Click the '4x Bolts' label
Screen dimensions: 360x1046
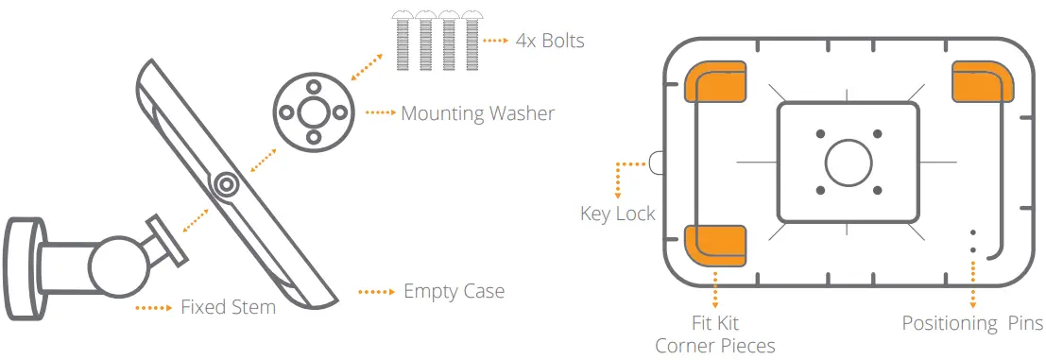(x=550, y=42)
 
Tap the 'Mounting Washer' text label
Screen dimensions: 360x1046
(x=477, y=113)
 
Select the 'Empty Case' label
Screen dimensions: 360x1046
(x=454, y=291)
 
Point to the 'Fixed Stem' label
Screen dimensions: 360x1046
(x=228, y=307)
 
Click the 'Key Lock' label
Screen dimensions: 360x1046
(x=617, y=214)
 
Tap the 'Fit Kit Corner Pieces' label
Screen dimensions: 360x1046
(x=715, y=334)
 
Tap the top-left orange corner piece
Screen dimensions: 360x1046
(x=714, y=85)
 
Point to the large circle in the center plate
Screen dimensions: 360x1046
(x=848, y=162)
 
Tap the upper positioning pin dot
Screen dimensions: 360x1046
(x=972, y=231)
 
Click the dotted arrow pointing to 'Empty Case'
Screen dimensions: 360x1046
(x=375, y=292)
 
